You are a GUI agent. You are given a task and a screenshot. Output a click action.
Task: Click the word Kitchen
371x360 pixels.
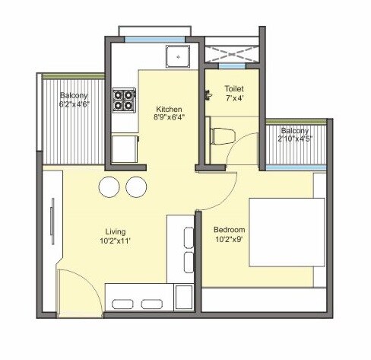[x=167, y=107]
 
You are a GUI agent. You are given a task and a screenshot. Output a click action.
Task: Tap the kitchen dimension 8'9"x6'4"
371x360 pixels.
[x=167, y=116]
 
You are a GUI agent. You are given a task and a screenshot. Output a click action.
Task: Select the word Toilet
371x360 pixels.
[x=233, y=88]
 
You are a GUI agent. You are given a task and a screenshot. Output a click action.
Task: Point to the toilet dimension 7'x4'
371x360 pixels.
[x=233, y=97]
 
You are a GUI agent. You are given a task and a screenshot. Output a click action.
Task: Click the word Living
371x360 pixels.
[x=115, y=231]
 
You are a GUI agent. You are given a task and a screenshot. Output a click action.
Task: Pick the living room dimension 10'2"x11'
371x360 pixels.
[x=115, y=241]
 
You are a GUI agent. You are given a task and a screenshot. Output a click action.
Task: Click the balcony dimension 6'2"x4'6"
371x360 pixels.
[x=75, y=104]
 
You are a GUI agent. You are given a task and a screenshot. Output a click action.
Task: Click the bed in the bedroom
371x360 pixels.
[x=287, y=232]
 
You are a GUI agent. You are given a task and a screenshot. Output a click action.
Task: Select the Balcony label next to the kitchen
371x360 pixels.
[x=74, y=95]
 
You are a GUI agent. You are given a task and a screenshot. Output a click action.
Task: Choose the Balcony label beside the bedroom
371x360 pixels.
[x=295, y=130]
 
